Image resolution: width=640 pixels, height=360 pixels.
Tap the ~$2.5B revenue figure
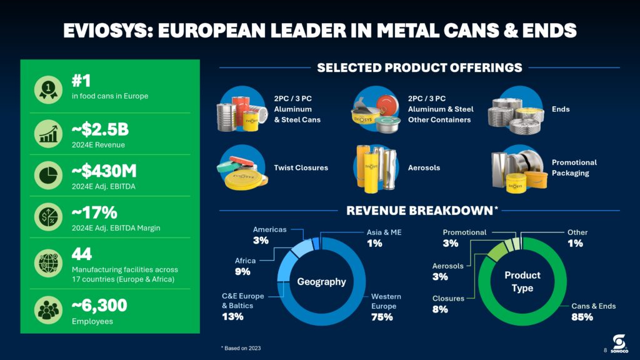[x=100, y=130]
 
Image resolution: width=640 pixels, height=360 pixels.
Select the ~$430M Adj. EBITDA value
[x=104, y=171]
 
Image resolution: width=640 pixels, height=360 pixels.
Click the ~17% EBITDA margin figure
[x=94, y=213]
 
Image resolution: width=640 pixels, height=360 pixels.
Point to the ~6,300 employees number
[x=99, y=306]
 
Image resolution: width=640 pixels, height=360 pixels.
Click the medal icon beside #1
[x=48, y=88]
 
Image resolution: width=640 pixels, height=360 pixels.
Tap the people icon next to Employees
[x=48, y=310]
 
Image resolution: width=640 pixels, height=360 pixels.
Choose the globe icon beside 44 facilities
[x=48, y=263]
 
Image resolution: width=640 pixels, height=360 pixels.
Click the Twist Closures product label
[x=301, y=167]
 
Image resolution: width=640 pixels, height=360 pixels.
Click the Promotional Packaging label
[x=574, y=167]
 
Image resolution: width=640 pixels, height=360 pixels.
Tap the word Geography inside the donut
[x=321, y=282]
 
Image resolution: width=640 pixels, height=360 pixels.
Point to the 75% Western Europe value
[x=382, y=317]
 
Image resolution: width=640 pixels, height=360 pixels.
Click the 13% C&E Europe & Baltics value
[x=232, y=316]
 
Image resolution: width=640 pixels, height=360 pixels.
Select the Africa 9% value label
[x=242, y=271]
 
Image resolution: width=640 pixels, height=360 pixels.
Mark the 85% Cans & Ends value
[x=582, y=317]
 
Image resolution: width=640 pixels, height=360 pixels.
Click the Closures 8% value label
[x=440, y=309]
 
